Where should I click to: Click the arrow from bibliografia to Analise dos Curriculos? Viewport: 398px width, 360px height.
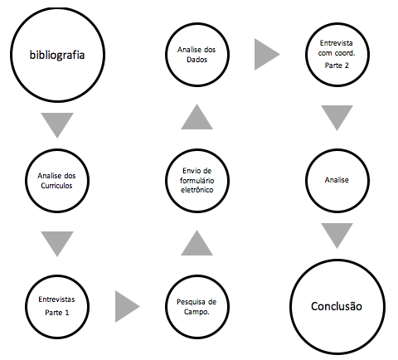pyautogui.click(x=57, y=123)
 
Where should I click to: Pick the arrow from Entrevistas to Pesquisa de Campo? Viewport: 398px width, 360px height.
pyautogui.click(x=126, y=306)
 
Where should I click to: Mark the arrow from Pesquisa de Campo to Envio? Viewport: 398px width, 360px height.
pyautogui.click(x=197, y=245)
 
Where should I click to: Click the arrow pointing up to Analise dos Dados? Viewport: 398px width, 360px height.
pyautogui.click(x=197, y=119)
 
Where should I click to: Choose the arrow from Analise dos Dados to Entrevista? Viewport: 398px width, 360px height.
pyautogui.click(x=265, y=54)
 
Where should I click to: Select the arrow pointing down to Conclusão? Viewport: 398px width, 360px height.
pyautogui.click(x=337, y=234)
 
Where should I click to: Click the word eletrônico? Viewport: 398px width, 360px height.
pyautogui.click(x=197, y=190)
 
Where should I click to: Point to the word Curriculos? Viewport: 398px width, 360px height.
pyautogui.click(x=56, y=186)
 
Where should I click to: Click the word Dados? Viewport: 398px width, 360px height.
pyautogui.click(x=197, y=60)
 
